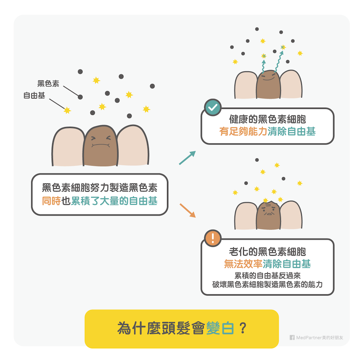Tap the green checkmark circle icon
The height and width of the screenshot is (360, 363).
point(211,107)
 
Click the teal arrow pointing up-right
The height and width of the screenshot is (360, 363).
point(187,158)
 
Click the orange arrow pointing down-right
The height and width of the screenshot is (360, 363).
point(188,210)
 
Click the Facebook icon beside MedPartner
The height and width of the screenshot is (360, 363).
point(292,337)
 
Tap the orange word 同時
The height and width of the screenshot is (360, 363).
point(51,201)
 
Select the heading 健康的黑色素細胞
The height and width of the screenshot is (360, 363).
point(268,120)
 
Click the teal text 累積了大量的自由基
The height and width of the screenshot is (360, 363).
point(114,201)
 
